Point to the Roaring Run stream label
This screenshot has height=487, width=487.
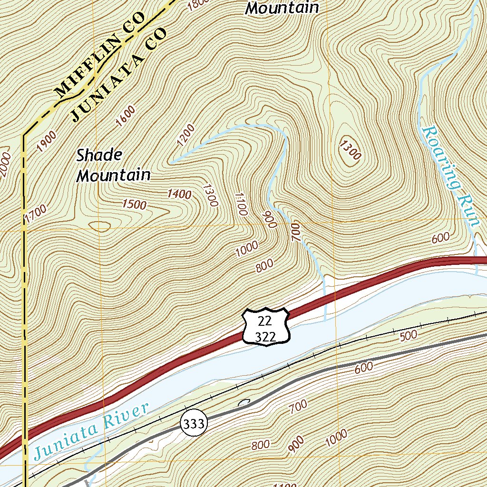450,175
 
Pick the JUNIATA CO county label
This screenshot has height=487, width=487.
120,75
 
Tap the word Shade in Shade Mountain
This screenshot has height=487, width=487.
99,155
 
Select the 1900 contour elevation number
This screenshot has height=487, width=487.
47,141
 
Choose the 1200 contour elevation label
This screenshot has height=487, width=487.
185,135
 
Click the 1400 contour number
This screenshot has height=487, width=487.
179,194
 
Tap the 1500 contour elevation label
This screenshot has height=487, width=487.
134,205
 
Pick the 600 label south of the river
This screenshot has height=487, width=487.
363,367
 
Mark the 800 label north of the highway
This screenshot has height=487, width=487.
264,266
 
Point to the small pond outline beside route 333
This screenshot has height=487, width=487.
243,404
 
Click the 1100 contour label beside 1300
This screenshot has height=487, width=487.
241,204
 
